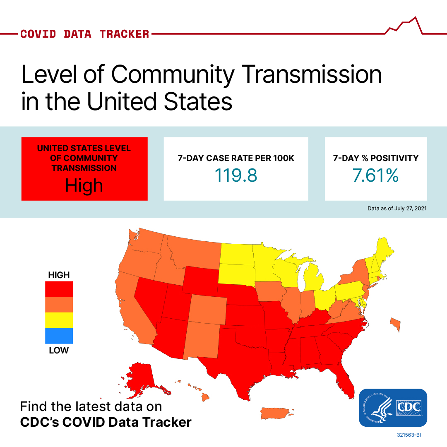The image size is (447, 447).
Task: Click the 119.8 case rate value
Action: click(236, 175)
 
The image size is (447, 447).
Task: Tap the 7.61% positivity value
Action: click(375, 175)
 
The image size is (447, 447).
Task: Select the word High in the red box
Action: click(84, 185)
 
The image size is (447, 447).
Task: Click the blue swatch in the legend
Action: click(59, 336)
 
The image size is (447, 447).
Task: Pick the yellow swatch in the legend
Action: click(59, 320)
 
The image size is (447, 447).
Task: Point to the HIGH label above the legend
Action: click(59, 275)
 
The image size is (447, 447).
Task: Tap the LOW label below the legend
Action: click(59, 350)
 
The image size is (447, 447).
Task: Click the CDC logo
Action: click(393, 408)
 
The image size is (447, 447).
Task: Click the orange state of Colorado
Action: click(207, 310)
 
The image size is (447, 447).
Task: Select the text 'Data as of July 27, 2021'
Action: click(397, 208)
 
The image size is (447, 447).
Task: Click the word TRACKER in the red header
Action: click(124, 34)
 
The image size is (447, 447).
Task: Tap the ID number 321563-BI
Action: click(409, 435)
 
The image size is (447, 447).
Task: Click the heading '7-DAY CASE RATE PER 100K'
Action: click(236, 158)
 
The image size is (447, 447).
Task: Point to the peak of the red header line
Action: click(416, 17)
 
